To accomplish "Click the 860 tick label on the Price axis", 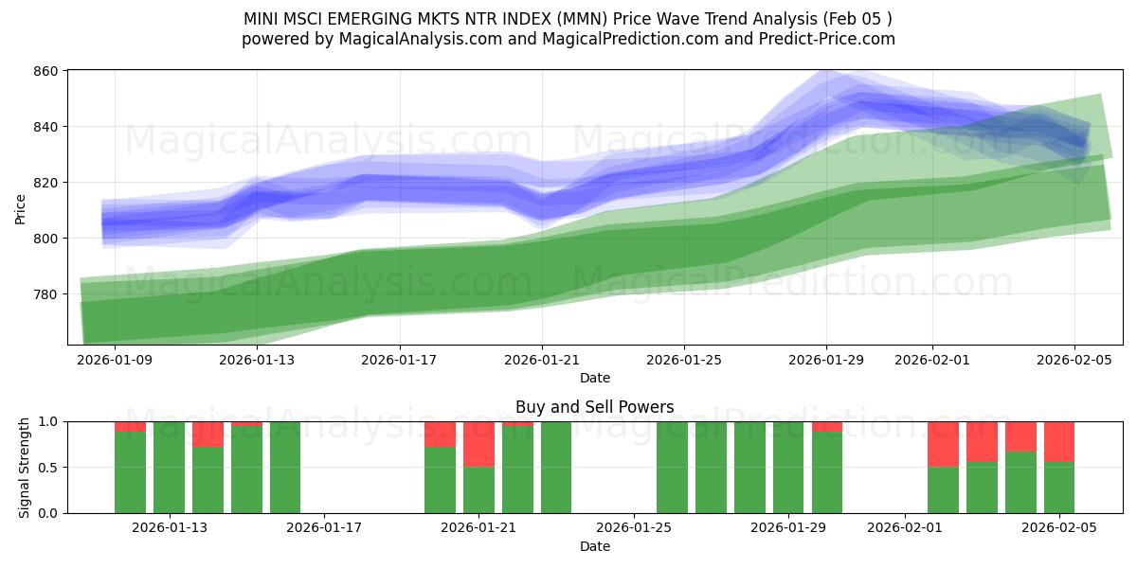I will pyautogui.click(x=47, y=71).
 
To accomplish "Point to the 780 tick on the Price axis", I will pyautogui.click(x=47, y=294).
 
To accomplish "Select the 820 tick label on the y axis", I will pyautogui.click(x=47, y=183).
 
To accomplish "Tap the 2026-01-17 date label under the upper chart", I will pyautogui.click(x=400, y=360).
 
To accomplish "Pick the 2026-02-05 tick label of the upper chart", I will pyautogui.click(x=1074, y=360).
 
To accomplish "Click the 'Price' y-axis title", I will pyautogui.click(x=21, y=208).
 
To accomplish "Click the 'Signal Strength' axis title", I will pyautogui.click(x=26, y=468).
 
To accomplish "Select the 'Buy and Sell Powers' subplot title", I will pyautogui.click(x=594, y=407).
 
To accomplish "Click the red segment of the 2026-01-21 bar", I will pyautogui.click(x=478, y=444).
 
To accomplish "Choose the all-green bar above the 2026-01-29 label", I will pyautogui.click(x=788, y=468).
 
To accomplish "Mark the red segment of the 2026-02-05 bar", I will pyautogui.click(x=1058, y=441).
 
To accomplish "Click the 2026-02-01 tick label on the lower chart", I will pyautogui.click(x=905, y=528).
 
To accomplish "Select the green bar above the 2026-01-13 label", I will pyautogui.click(x=169, y=468).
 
